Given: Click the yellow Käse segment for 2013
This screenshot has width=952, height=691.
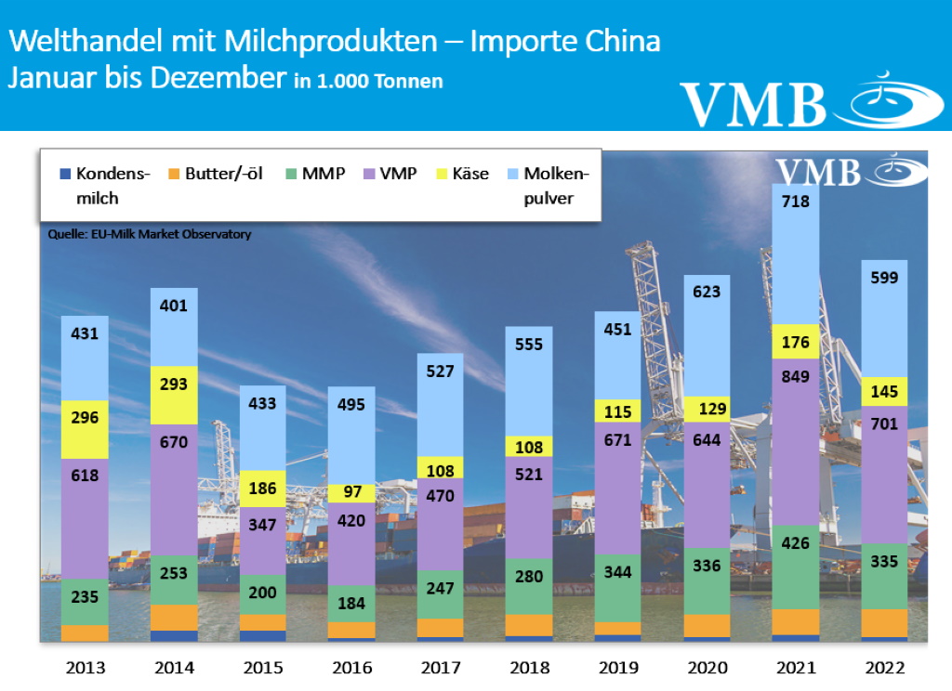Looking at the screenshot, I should pyautogui.click(x=86, y=417).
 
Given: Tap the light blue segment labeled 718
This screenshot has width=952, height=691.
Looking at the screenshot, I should pyautogui.click(x=795, y=255).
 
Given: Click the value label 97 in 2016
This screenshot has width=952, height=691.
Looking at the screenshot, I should pyautogui.click(x=351, y=492).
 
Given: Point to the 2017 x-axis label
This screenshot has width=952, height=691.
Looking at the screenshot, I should pyautogui.click(x=440, y=667).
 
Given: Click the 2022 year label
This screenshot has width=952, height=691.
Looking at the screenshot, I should pyautogui.click(x=884, y=667).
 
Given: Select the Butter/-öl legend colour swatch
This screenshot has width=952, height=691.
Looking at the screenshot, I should pyautogui.click(x=172, y=174).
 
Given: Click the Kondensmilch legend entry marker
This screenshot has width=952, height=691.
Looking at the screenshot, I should pyautogui.click(x=64, y=174).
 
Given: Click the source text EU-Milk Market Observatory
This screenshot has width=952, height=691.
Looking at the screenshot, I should pyautogui.click(x=150, y=235).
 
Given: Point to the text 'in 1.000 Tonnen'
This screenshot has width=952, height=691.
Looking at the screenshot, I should pyautogui.click(x=368, y=82).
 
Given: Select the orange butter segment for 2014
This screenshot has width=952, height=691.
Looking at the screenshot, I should pyautogui.click(x=174, y=618).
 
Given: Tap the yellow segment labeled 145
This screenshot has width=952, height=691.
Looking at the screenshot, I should pyautogui.click(x=883, y=391).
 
